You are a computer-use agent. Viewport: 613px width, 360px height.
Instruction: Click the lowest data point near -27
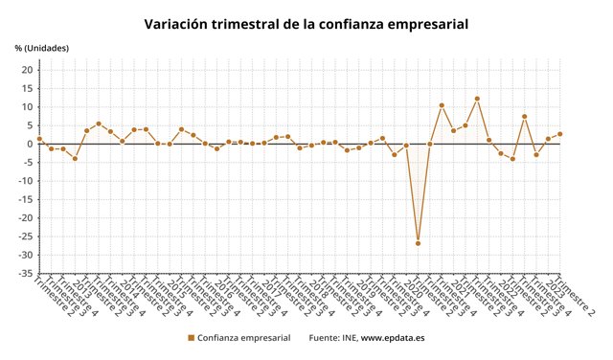click(x=418, y=243)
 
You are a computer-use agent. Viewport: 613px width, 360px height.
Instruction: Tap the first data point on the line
click(x=39, y=139)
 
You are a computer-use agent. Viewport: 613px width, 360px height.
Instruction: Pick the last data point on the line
click(x=559, y=134)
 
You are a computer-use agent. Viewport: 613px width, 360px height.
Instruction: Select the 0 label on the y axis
click(x=30, y=145)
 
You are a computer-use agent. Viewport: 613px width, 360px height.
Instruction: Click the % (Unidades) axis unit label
click(x=41, y=48)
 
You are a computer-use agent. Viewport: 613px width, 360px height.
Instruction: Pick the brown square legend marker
click(x=191, y=338)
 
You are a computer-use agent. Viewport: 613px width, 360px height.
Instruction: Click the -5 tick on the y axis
click(x=27, y=163)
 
